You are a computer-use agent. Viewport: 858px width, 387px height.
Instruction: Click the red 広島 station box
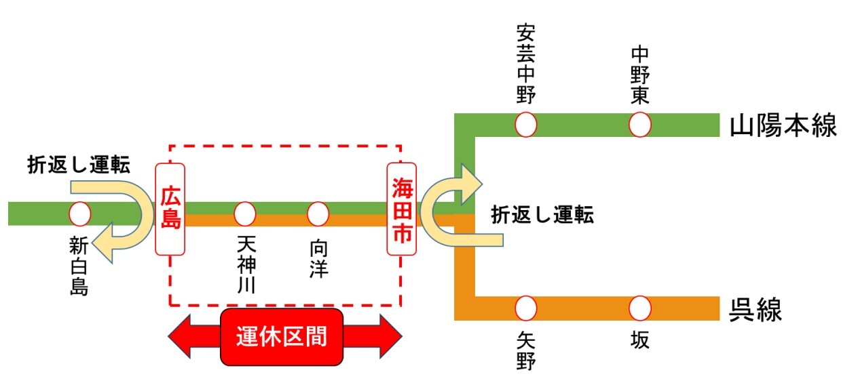coord(170,209)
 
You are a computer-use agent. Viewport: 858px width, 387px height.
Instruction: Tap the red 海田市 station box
coord(402,209)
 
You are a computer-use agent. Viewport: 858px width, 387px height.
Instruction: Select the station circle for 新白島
coord(80,213)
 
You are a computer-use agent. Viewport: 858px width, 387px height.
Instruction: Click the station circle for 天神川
coord(244,213)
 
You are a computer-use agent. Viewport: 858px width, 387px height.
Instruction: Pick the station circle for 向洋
coord(318,213)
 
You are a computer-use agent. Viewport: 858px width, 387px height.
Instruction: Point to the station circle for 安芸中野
coord(526,125)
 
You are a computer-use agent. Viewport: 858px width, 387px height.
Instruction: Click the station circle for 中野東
coord(639,125)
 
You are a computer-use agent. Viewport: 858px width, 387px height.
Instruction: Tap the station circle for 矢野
coord(526,308)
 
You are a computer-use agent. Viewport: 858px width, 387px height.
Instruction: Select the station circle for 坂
coord(639,308)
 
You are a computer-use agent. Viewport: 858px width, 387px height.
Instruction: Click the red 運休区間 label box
coord(282,337)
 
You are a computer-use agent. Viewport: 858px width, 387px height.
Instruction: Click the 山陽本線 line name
coord(783,126)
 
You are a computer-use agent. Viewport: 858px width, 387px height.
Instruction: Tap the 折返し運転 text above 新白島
coord(79,164)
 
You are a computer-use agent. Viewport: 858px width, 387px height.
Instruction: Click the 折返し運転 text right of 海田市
coord(542,215)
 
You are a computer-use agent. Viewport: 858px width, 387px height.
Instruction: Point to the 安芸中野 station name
coord(526,64)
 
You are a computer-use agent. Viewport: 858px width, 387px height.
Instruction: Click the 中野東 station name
coord(639,75)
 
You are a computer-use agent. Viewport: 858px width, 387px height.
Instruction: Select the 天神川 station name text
coord(246,264)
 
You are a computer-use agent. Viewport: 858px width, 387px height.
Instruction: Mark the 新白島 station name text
coord(79,266)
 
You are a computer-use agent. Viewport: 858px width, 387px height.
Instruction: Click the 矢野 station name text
coord(526,350)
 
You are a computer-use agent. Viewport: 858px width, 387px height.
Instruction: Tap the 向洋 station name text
coord(318,257)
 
